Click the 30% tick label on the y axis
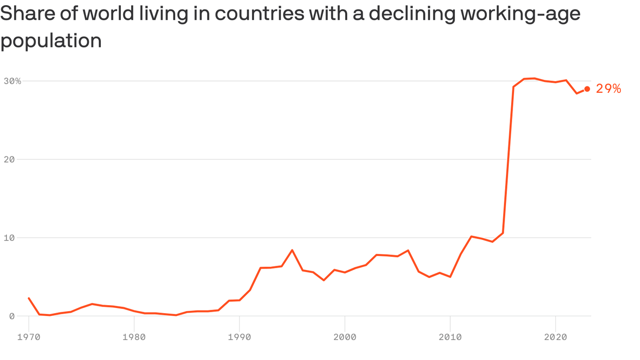point(13,81)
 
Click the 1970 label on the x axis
point(29,337)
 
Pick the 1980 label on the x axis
point(134,337)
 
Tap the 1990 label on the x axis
point(239,337)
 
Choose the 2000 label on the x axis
point(345,337)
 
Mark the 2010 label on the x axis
point(450,337)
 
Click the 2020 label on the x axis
point(555,337)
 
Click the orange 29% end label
point(608,89)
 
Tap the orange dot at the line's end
point(587,89)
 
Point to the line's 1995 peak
point(292,250)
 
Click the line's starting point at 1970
point(29,298)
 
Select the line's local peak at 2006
point(408,250)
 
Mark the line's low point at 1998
point(324,280)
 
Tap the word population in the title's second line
point(51,41)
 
